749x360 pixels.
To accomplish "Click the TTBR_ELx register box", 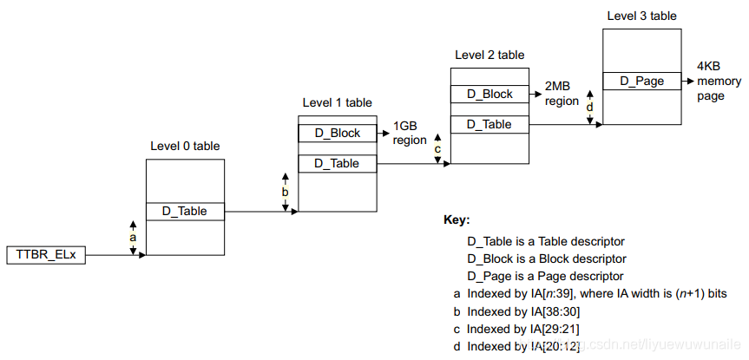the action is tap(46, 255).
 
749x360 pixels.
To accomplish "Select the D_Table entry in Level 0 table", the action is tap(185, 211).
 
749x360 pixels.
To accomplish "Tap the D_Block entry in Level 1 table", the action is tap(338, 134).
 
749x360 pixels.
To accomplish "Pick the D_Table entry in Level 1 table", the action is tap(338, 163).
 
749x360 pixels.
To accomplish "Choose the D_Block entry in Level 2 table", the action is tap(489, 94).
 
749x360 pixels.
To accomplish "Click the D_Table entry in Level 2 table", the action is tap(489, 124).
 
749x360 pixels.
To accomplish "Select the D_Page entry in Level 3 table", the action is tap(642, 81).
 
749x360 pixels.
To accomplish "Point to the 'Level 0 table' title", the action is tap(186, 146).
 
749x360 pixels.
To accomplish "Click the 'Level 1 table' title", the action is tap(338, 102).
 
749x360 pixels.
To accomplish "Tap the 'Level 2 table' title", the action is tap(489, 55).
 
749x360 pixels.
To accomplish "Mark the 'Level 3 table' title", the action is tap(642, 16).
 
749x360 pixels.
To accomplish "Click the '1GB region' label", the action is tap(410, 134).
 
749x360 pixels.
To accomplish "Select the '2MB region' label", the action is tap(562, 94).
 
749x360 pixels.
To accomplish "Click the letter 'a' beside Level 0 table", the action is tap(134, 238).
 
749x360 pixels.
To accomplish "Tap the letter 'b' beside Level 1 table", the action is tap(286, 192).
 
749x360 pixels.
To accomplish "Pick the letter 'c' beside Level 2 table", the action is tap(437, 148).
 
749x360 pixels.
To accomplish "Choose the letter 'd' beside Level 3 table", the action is tap(589, 108).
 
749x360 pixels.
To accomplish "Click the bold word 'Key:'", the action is tap(457, 220).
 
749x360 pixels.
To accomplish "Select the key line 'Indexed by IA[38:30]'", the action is tap(524, 311).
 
